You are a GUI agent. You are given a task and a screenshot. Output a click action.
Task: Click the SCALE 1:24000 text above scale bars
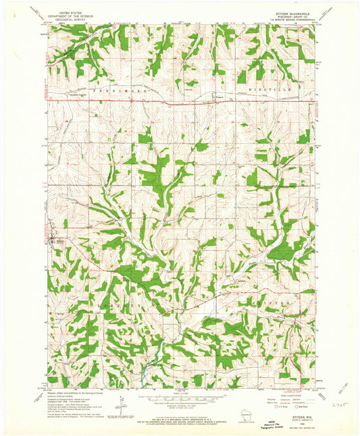click(180, 396)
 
